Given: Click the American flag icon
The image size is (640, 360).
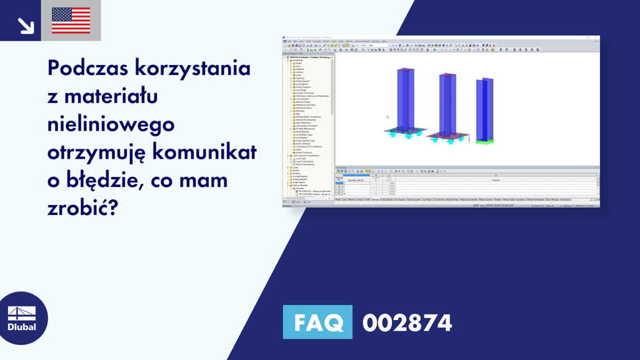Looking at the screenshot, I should point(71,21).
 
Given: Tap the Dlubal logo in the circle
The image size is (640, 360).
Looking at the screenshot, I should point(21,318).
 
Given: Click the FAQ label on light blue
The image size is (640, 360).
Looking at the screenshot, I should point(317,323).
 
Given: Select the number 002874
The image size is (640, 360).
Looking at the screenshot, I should point(407,323).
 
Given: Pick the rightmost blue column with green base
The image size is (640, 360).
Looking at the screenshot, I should point(485,109).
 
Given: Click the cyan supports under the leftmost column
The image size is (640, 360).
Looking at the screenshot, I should point(405,132).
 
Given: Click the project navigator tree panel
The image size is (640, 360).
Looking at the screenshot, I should point(307,125).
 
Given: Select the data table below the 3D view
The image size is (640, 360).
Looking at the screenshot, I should point(466,184).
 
